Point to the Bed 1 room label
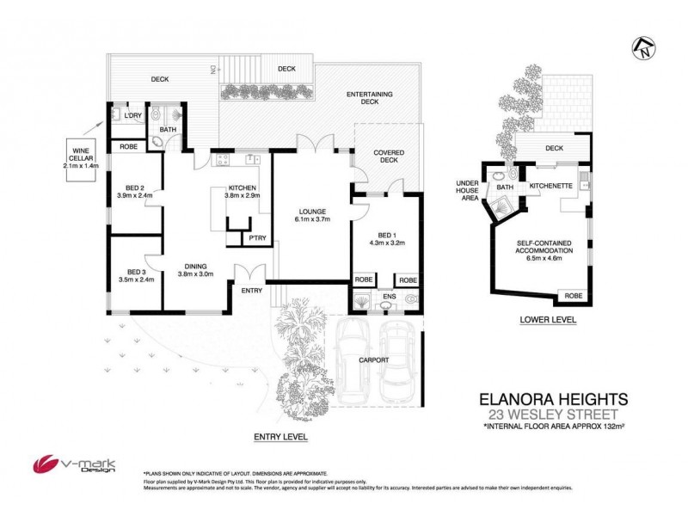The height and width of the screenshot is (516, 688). pos(386,236)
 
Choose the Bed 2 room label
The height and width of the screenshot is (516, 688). pos(133,190)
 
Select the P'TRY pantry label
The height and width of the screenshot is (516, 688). pos(255,237)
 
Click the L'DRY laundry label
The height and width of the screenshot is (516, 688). pos(132,115)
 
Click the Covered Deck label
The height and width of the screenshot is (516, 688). pos(388,157)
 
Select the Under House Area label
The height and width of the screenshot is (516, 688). pos(470,190)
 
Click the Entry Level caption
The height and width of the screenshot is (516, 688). pos(280,438)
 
